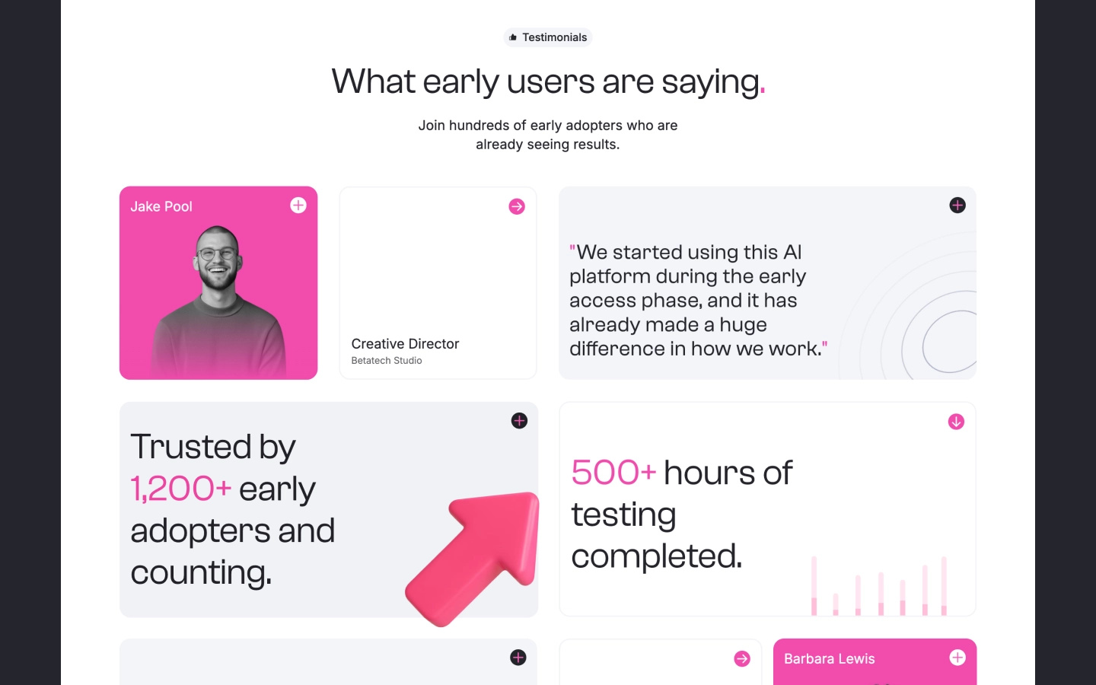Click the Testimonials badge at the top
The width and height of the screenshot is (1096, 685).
coord(548,37)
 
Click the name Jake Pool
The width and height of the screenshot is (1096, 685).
coord(161,206)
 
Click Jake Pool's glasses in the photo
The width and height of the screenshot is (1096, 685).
coord(217,253)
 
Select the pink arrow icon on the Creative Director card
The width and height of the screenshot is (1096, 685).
coord(517,206)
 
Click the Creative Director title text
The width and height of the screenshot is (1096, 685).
coord(405,344)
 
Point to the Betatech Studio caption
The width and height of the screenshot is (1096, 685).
coord(387,361)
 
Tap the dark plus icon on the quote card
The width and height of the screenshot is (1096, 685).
coord(957,205)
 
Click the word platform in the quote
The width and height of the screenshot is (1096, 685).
coord(609,276)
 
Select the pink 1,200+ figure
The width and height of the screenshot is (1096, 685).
coord(181,489)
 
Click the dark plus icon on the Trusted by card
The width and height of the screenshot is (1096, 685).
coord(519,421)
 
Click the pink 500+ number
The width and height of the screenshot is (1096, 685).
coord(613,473)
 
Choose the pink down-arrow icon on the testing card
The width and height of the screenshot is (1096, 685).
coord(956,422)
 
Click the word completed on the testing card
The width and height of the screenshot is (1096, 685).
coord(655,556)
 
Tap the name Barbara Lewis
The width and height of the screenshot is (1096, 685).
coord(829,659)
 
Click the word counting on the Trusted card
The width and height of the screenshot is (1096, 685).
coord(200,572)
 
